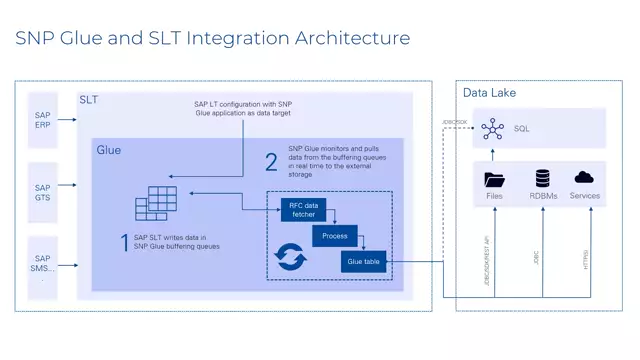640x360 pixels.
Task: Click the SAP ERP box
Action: point(42,121)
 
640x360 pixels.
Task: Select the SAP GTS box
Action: point(42,193)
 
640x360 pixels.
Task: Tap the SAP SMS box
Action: point(42,265)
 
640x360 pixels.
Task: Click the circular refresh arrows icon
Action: point(289,256)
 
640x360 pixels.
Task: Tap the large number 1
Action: point(123,241)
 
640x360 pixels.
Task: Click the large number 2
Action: point(270,163)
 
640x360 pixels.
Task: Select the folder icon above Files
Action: point(494,179)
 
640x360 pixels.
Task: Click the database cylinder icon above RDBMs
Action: point(543,178)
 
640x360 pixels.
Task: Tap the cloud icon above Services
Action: point(584,177)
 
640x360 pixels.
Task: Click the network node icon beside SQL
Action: point(491,129)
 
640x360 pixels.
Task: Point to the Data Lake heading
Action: point(489,93)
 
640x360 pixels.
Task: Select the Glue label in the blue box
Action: point(109,150)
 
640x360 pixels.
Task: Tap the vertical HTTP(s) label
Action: point(586,260)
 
